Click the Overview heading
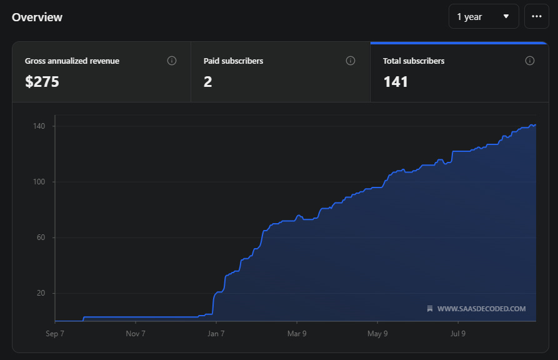click(37, 17)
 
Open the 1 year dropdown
click(484, 16)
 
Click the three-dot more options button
click(537, 16)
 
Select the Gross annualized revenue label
click(72, 61)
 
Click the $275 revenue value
click(42, 81)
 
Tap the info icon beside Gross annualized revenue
click(172, 61)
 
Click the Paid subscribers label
click(234, 61)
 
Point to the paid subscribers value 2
click(208, 82)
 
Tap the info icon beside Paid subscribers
click(351, 61)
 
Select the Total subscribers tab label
click(414, 61)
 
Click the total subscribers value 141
click(396, 82)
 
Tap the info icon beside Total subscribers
click(530, 61)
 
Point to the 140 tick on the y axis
click(39, 126)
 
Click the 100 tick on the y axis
click(39, 182)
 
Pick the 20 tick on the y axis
click(41, 293)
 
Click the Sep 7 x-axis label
click(55, 334)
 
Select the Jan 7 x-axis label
click(216, 334)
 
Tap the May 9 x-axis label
click(377, 334)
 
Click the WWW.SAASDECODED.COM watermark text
click(481, 309)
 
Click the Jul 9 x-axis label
click(458, 334)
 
